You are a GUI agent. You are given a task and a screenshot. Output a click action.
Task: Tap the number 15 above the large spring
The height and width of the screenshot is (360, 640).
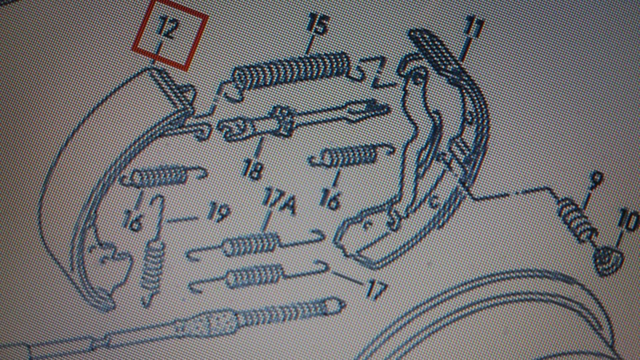coord(318,23)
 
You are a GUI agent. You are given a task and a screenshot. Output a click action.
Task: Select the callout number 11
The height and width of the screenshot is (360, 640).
coord(473,29)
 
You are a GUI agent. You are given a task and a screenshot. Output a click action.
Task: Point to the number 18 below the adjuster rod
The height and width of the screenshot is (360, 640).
coord(252,169)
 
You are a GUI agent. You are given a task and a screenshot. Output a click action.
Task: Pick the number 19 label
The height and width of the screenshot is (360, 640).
coord(218,212)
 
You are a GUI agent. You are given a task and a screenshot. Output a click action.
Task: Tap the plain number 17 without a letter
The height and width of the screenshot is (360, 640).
coord(376,290)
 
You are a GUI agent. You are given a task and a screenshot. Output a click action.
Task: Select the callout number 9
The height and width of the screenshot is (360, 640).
coord(596,179)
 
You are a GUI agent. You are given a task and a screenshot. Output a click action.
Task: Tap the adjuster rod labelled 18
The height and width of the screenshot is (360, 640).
coord(302,119)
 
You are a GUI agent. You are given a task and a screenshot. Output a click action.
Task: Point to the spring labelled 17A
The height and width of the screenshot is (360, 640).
coord(255,244)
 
